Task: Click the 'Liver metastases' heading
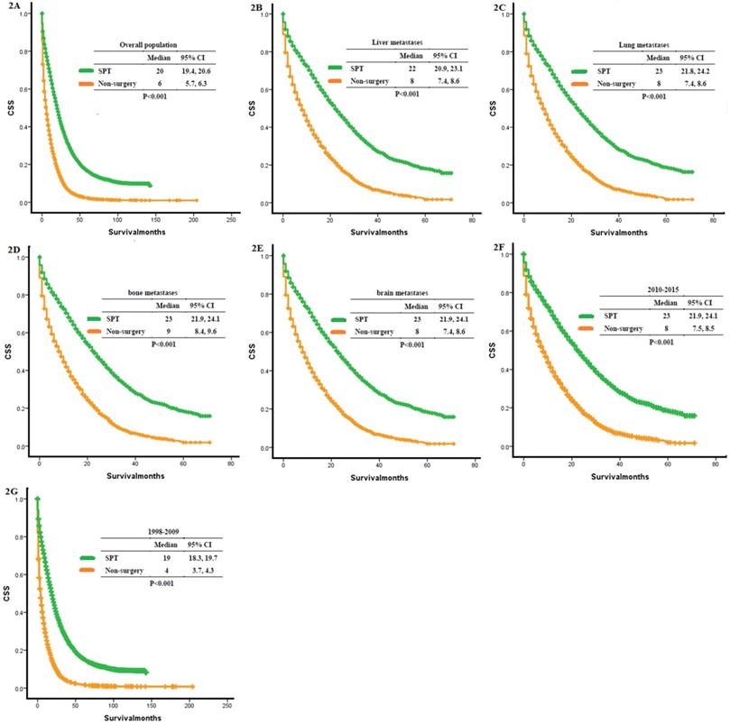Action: tap(394, 42)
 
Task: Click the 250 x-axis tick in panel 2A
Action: tap(231, 219)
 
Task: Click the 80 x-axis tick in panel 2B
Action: tap(474, 219)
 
